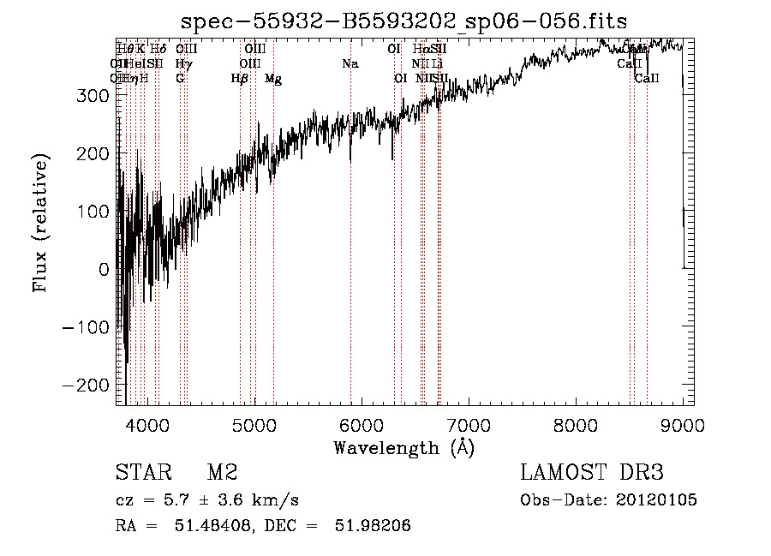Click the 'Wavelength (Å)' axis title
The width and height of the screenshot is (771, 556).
tap(403, 447)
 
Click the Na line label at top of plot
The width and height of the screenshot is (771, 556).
tap(350, 63)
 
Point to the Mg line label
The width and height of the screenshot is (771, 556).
tap(273, 79)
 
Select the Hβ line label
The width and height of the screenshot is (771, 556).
tap(240, 79)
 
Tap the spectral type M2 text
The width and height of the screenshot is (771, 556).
tap(222, 474)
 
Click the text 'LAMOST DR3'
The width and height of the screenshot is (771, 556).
tap(592, 474)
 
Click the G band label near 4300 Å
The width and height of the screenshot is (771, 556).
tap(180, 79)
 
